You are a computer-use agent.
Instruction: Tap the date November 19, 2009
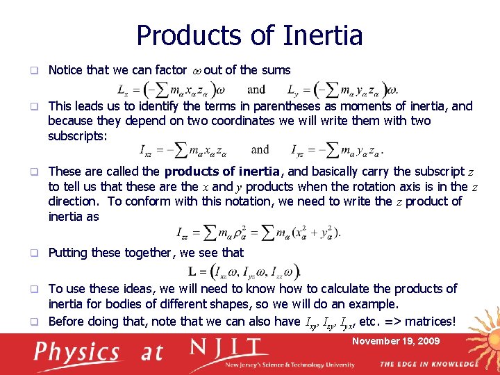pyautogui.click(x=396, y=341)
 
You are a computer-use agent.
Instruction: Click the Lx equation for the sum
pyautogui.click(x=177, y=90)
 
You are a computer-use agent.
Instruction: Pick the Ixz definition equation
pyautogui.click(x=188, y=149)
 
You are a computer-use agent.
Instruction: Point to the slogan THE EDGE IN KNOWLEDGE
pyautogui.click(x=428, y=364)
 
